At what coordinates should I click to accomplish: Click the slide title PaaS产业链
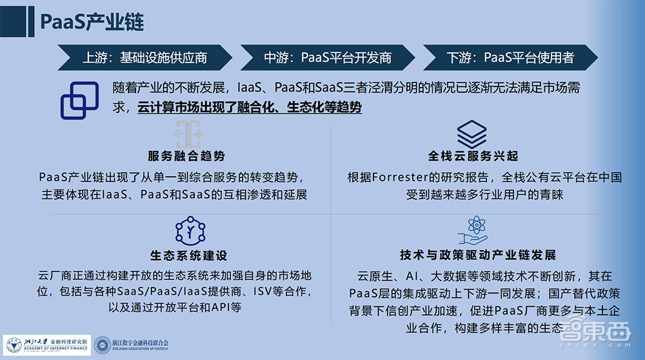(x=92, y=21)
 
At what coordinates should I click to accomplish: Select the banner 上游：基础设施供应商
(x=144, y=57)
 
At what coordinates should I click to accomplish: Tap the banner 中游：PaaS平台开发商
(x=327, y=57)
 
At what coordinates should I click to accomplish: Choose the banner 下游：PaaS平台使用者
(x=510, y=57)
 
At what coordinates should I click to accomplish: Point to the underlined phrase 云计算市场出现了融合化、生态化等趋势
(x=249, y=107)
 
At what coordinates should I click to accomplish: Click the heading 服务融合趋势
(x=186, y=156)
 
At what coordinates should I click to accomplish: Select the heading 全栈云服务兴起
(x=473, y=156)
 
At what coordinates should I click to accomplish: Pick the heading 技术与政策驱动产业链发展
(x=477, y=255)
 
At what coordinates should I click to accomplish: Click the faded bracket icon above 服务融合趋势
(x=187, y=133)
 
